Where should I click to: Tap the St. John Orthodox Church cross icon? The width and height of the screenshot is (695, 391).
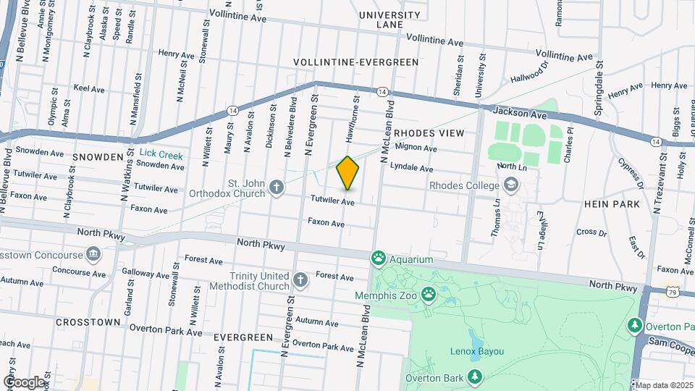click(276, 188)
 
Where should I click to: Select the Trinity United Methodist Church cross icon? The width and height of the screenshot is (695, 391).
click(300, 279)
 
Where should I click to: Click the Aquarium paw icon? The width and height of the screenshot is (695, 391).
click(378, 258)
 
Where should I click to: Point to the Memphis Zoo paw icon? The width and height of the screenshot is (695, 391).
click(429, 295)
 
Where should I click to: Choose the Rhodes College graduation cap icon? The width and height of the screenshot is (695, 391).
click(511, 185)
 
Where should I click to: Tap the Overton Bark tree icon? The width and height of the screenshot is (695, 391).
click(475, 376)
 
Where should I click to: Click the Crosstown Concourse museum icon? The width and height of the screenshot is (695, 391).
click(93, 254)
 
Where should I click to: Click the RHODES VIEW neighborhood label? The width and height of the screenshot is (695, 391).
click(429, 134)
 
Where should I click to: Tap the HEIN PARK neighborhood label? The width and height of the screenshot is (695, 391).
click(612, 204)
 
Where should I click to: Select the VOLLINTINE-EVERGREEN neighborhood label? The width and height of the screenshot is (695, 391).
click(356, 62)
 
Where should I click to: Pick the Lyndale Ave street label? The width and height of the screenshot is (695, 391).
click(411, 168)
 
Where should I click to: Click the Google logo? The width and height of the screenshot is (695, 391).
click(23, 382)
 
